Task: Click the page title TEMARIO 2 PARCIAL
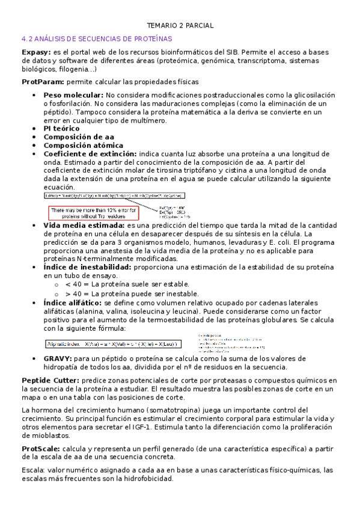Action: click(x=180, y=25)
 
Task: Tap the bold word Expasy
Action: click(x=36, y=52)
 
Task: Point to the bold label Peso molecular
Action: click(x=73, y=95)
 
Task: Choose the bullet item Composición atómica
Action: click(x=83, y=145)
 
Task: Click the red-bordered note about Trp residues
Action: click(x=94, y=213)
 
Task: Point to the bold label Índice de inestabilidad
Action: click(x=87, y=266)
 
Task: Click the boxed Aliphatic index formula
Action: click(x=112, y=344)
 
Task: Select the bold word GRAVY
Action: click(x=58, y=358)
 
